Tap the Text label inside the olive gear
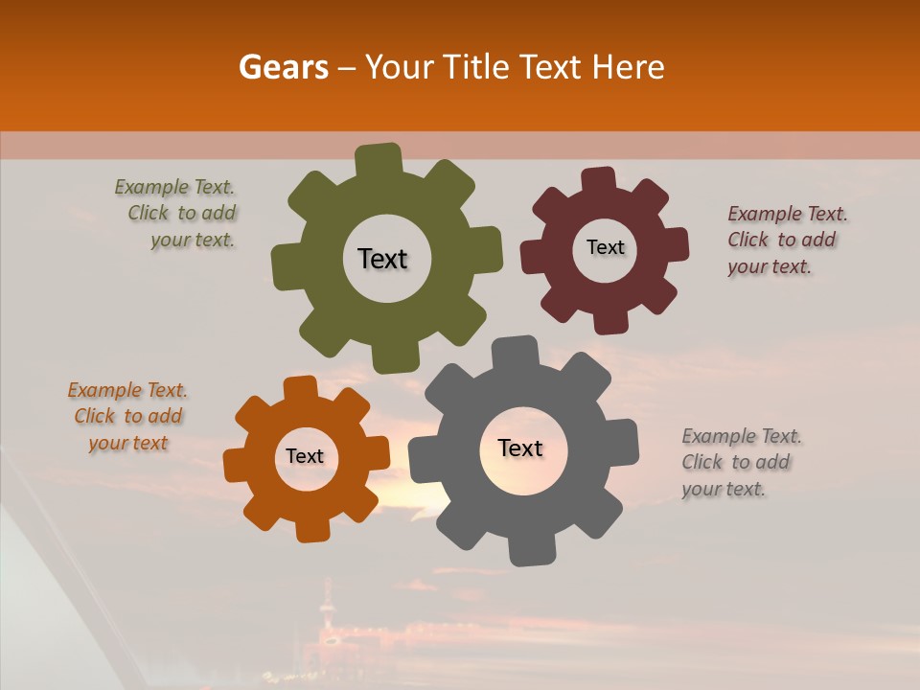(382, 259)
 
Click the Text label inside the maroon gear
(605, 247)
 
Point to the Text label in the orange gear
(305, 456)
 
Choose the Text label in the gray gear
(520, 448)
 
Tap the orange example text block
(127, 416)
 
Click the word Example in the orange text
(103, 390)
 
